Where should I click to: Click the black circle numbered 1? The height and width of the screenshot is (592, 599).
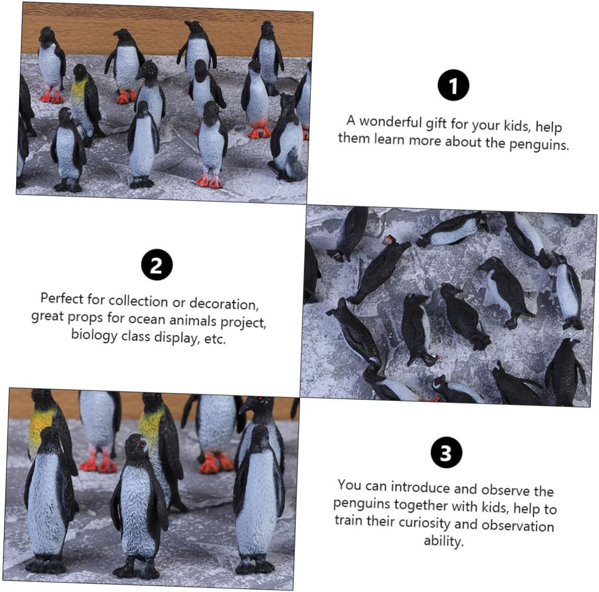(453, 85)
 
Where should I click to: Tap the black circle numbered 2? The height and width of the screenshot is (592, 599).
(157, 265)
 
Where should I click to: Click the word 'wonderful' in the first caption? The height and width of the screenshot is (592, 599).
(391, 122)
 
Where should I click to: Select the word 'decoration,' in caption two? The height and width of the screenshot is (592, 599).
(224, 304)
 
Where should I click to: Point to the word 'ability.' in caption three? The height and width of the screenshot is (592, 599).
(444, 541)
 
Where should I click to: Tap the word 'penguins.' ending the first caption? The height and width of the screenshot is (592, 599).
(539, 144)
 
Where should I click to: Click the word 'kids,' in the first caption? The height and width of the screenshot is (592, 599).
(516, 126)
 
